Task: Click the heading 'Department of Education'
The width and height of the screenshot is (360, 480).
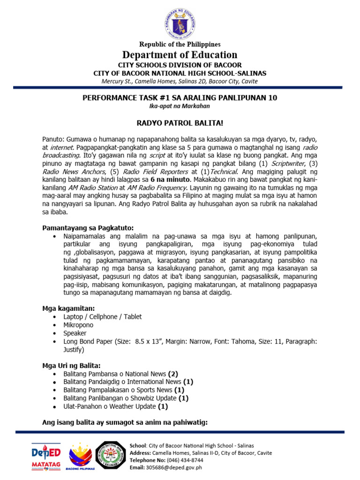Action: [x=180, y=55]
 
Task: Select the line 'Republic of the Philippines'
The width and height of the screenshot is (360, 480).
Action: [x=180, y=44]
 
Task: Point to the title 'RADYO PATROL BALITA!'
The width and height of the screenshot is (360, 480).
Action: [x=180, y=122]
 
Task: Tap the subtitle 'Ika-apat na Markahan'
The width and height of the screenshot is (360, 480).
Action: [x=180, y=106]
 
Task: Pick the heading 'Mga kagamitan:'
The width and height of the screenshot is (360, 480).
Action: [x=68, y=308]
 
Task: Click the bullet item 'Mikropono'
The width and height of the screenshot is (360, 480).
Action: [x=78, y=325]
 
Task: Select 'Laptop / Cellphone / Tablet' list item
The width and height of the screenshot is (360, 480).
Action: [x=102, y=317]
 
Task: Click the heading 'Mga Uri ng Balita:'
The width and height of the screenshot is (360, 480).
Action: [x=71, y=366]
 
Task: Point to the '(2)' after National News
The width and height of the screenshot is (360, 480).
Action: [x=173, y=374]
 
